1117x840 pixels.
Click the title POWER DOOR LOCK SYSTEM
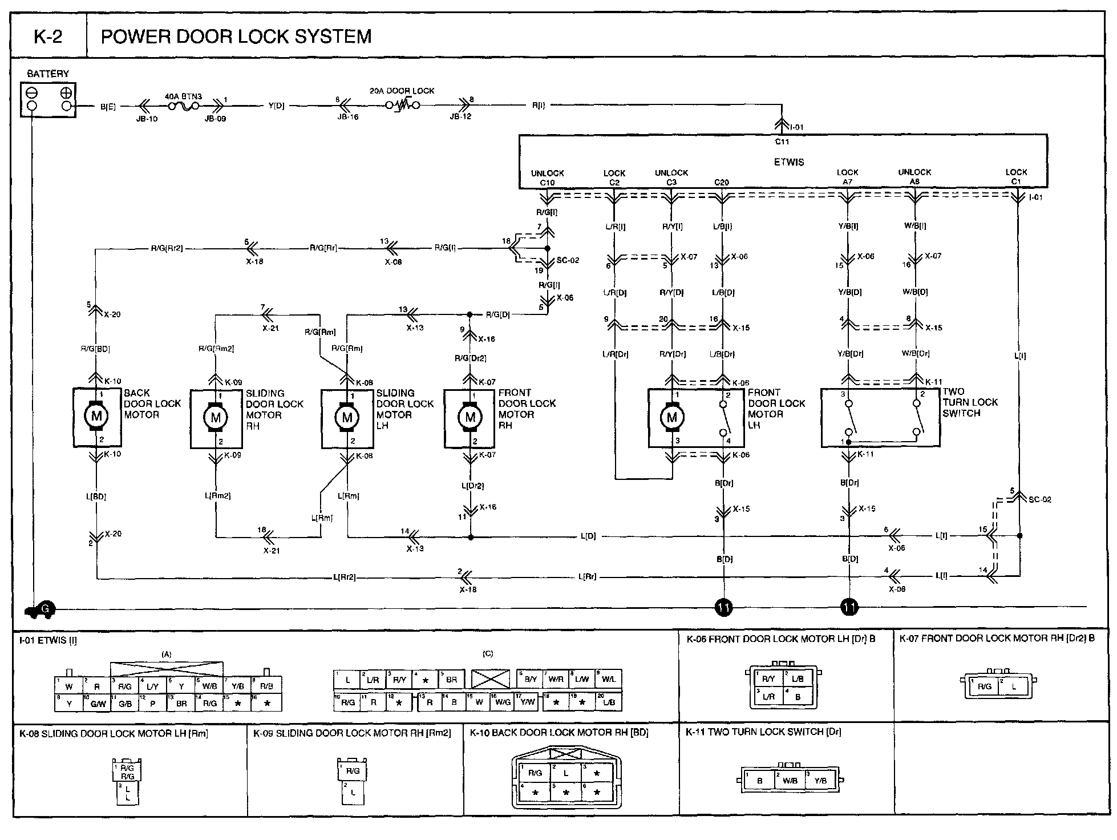coord(236,37)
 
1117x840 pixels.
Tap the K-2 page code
coord(48,37)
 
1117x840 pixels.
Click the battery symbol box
coord(48,100)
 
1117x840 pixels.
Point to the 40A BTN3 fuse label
coord(183,96)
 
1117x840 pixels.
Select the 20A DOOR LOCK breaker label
coord(402,91)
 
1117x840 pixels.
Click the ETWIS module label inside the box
coord(789,162)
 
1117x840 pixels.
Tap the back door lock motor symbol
coord(96,417)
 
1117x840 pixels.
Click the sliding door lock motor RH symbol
coord(216,418)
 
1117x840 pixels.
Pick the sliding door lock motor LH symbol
coord(347,418)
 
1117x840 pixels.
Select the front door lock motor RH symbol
coord(470,417)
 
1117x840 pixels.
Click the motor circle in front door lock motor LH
coord(671,417)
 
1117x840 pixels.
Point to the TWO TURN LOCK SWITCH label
coord(970,402)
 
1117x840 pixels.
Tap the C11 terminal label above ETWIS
coord(782,142)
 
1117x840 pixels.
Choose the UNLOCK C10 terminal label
coord(547,177)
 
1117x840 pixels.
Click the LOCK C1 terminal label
coord(1016,177)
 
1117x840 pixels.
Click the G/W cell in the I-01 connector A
coord(98,704)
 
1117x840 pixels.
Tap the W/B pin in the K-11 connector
coord(790,781)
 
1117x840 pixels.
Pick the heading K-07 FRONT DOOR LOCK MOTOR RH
coord(997,639)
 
